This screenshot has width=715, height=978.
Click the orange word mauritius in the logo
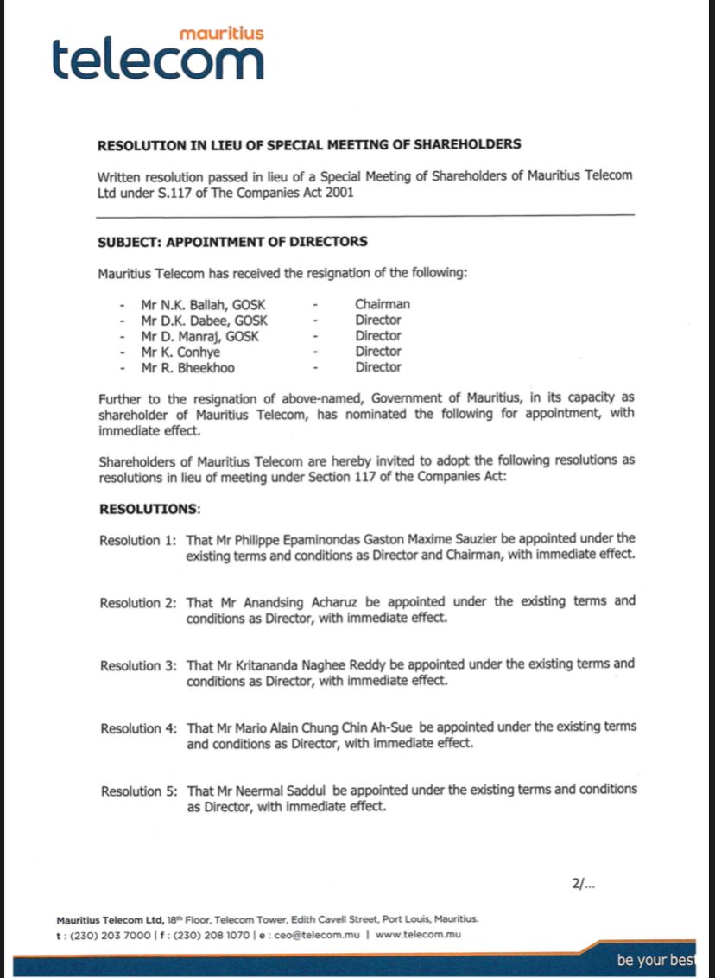point(221,33)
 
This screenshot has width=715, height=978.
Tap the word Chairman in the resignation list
point(382,304)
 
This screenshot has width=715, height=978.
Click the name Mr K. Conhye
point(180,352)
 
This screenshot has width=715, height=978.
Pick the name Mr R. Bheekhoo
point(187,367)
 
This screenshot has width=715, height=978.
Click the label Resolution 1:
point(138,540)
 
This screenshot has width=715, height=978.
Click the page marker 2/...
point(583,884)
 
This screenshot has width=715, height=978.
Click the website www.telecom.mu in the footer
point(418,935)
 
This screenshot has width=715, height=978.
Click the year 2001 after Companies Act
point(338,193)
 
